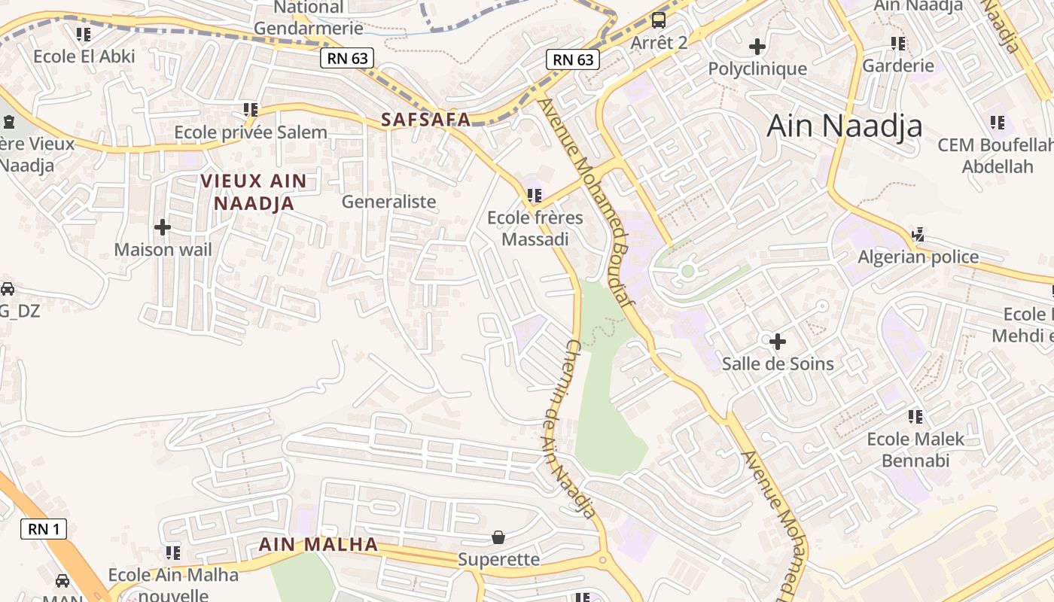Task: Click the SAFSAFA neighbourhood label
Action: point(425,119)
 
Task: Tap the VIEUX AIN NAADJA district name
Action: point(254,192)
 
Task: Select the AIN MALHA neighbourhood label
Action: point(318,544)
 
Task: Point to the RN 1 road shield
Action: point(44,529)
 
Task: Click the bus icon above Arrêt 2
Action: point(659,20)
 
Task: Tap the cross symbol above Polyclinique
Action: point(757,47)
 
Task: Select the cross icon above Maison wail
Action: point(163,227)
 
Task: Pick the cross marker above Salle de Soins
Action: point(778,342)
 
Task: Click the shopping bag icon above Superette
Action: point(498,537)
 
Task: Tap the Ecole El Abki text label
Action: point(84,56)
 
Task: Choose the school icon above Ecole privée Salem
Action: point(251,110)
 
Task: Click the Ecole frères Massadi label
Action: point(535,229)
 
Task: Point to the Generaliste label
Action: point(388,202)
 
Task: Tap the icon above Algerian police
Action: point(918,235)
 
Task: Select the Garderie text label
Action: point(898,65)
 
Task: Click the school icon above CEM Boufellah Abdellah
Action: point(998,122)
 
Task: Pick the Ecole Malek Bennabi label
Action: point(915,449)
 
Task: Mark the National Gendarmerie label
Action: point(309,18)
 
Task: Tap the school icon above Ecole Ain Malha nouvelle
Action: point(173,553)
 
